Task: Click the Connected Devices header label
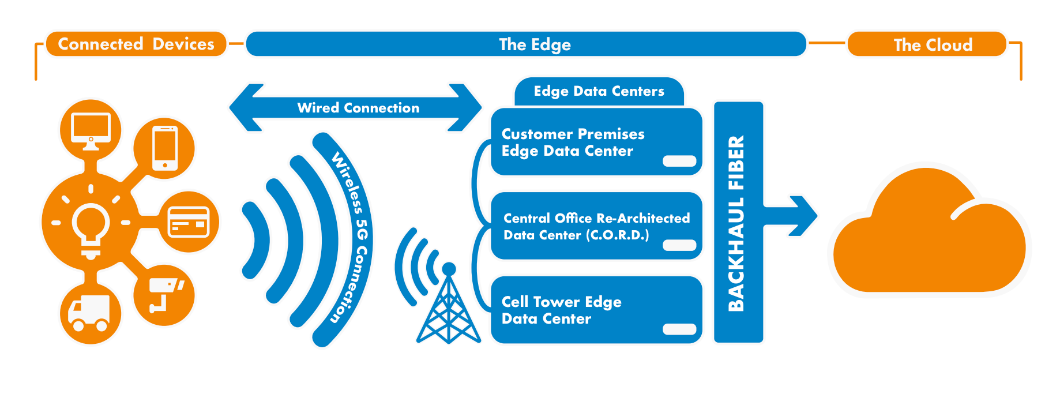(x=136, y=44)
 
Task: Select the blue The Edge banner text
(x=535, y=44)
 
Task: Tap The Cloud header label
(x=932, y=45)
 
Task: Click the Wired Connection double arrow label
(x=358, y=108)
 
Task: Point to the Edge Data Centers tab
(x=599, y=92)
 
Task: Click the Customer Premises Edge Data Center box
(x=596, y=142)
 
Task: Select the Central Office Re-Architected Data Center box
(x=596, y=226)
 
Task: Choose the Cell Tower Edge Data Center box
(x=596, y=310)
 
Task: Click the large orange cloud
(x=929, y=237)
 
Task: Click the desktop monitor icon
(x=91, y=130)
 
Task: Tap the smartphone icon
(x=165, y=148)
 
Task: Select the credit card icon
(x=189, y=222)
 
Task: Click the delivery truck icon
(x=90, y=313)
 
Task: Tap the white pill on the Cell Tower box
(x=679, y=329)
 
